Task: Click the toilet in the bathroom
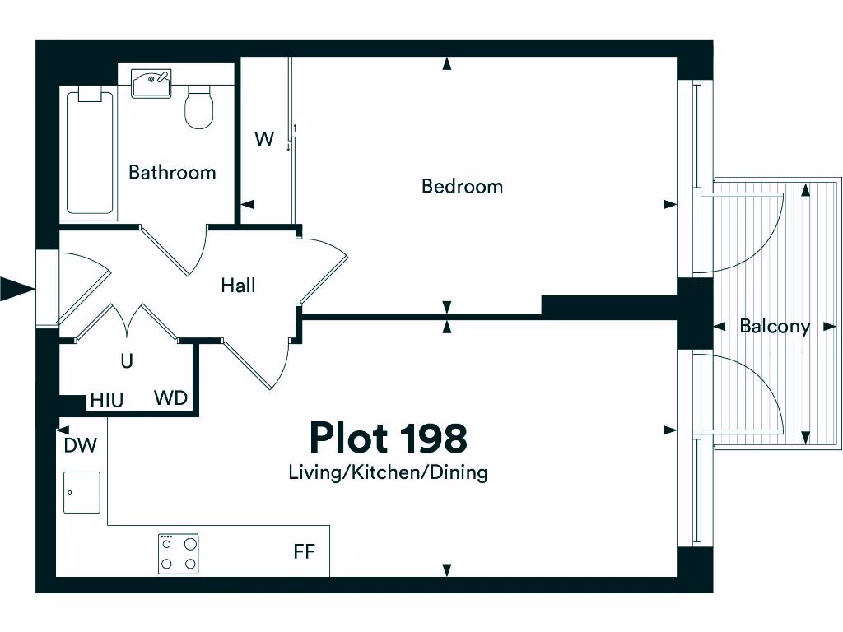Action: [199, 109]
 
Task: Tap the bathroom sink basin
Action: [151, 82]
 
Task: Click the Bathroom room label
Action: [172, 173]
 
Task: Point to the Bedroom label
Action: [462, 187]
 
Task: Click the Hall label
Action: [238, 286]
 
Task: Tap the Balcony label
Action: [774, 327]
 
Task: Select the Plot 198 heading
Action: [388, 439]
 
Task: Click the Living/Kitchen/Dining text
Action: [388, 473]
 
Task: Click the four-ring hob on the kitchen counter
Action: [179, 554]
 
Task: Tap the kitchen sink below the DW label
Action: [82, 492]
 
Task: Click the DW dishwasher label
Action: [80, 446]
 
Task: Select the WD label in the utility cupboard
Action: [171, 399]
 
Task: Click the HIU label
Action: [107, 401]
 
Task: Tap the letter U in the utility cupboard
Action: [127, 361]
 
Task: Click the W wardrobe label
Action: [263, 139]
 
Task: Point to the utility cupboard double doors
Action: [127, 323]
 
